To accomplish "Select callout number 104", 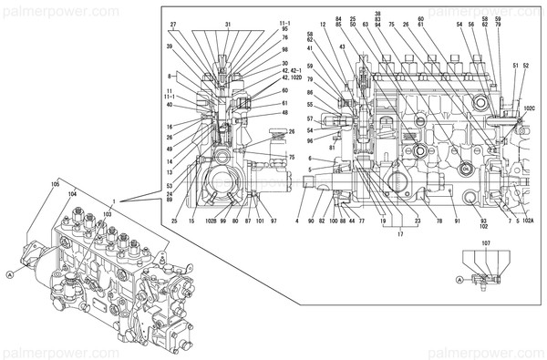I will pyautogui.click(x=73, y=195).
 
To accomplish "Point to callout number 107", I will pyautogui.click(x=487, y=243).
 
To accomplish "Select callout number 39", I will pyautogui.click(x=170, y=46).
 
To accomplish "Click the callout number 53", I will pyautogui.click(x=170, y=185).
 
